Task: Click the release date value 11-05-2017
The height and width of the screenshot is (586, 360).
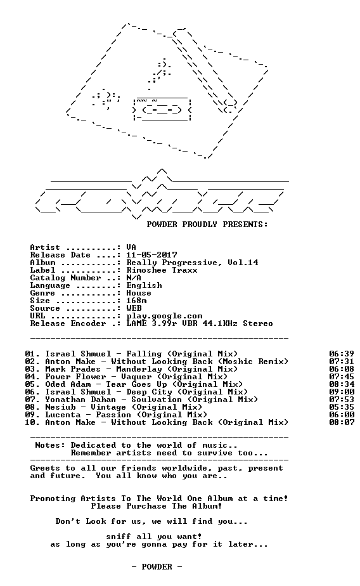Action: (151, 255)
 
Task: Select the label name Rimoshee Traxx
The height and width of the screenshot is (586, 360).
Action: (162, 270)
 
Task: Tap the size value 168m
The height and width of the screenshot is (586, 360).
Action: (136, 301)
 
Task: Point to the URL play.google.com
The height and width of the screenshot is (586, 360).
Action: (164, 316)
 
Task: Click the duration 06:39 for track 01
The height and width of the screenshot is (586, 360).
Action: (342, 354)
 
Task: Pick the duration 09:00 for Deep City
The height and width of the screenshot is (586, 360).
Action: (342, 392)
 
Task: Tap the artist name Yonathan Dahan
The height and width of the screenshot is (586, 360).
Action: (80, 400)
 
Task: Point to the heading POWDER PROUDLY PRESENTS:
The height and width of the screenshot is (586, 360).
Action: (207, 225)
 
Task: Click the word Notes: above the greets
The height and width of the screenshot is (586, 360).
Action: (50, 445)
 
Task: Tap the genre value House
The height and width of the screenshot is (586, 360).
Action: (139, 293)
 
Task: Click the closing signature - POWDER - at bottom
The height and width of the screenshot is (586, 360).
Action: (157, 567)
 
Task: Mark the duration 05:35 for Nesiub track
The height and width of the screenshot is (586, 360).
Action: (342, 407)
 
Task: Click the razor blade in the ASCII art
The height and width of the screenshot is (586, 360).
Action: (162, 109)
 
